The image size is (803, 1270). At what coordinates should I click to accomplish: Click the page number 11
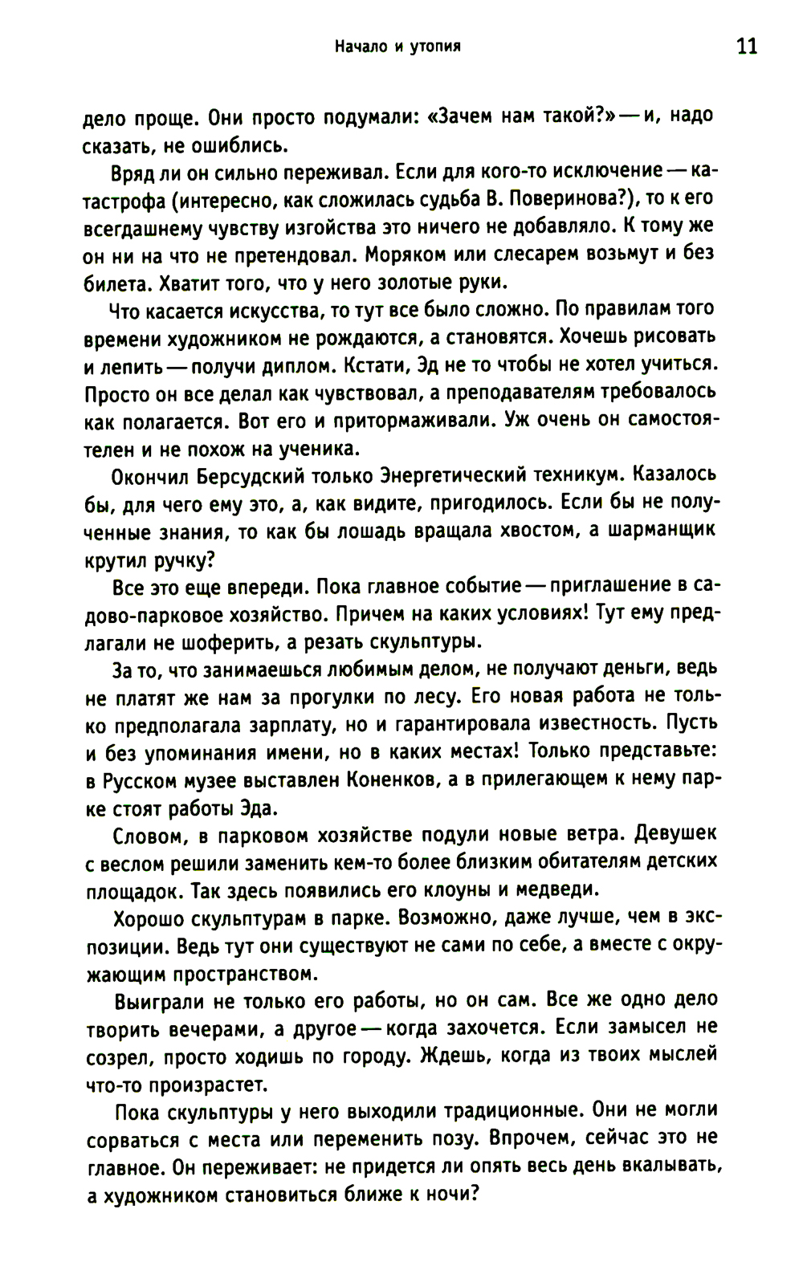click(x=746, y=46)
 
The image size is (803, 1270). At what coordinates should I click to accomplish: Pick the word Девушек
click(x=675, y=836)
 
